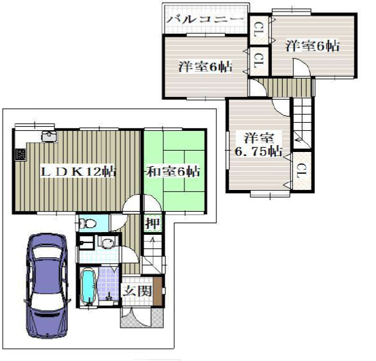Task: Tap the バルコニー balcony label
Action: pos(205,20)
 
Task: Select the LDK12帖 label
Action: pos(78,172)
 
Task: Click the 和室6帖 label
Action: pos(173,172)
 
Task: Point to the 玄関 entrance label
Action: pos(137,291)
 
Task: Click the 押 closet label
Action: pos(152,223)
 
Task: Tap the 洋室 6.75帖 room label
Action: pos(259,145)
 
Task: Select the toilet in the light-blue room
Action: pos(87,224)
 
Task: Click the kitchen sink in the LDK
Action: pos(50,136)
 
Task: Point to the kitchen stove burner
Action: pos(21,155)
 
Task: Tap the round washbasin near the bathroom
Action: pos(107,242)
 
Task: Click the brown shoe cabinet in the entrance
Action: pos(158,291)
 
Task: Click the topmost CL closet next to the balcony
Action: pos(258,30)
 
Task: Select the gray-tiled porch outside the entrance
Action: pos(142,317)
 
